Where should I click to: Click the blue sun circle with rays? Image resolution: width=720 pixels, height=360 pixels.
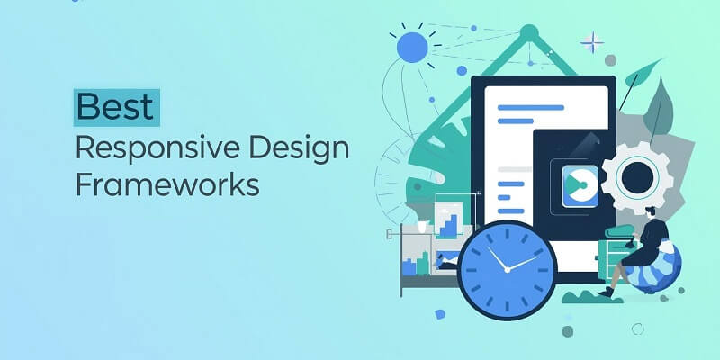[412, 47]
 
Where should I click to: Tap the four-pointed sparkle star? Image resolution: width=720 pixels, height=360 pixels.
[592, 42]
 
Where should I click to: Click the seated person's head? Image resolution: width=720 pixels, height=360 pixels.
[651, 212]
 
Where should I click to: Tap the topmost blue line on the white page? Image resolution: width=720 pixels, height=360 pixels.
[530, 107]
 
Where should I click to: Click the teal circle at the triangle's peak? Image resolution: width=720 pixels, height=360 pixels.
[528, 34]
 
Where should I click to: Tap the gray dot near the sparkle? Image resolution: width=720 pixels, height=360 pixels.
[611, 60]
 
